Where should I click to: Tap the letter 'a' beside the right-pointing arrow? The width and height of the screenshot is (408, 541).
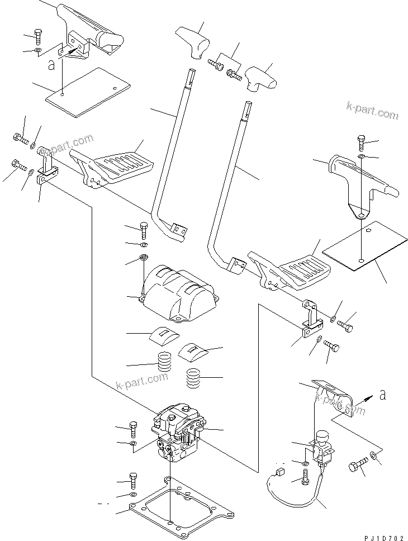point(382,395)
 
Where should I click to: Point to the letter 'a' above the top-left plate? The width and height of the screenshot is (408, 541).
point(51,66)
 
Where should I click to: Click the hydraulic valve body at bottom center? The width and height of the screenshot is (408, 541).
point(178,433)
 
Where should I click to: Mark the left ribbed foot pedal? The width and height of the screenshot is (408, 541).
point(120,163)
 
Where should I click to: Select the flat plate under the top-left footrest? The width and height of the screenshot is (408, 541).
point(88,92)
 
